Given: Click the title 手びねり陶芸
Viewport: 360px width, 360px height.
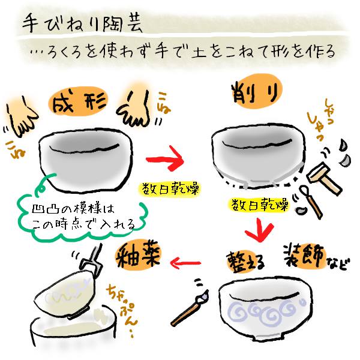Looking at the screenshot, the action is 82,23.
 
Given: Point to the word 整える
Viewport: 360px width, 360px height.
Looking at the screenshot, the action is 245,262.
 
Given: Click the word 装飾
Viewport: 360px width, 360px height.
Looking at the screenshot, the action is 304,256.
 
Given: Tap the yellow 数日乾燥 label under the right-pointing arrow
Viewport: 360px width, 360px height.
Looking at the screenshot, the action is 169,189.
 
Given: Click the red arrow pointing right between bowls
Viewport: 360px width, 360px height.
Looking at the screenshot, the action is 165,158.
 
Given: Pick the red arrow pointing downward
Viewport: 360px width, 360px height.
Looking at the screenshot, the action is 259,230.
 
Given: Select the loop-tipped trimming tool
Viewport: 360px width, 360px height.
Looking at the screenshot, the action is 311,201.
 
